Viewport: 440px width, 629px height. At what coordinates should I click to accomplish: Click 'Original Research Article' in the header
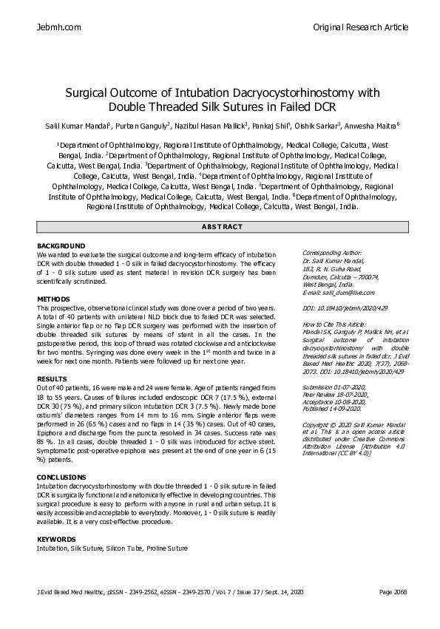click(x=361, y=27)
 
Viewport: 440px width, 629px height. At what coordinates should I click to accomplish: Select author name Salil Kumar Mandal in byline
click(x=70, y=126)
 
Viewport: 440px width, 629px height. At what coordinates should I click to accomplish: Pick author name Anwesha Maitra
click(x=374, y=126)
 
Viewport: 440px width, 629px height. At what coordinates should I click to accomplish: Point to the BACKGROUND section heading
click(x=61, y=245)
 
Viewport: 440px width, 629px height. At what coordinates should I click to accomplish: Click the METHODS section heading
click(x=53, y=299)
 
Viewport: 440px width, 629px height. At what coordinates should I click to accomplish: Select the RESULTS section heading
click(x=52, y=379)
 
